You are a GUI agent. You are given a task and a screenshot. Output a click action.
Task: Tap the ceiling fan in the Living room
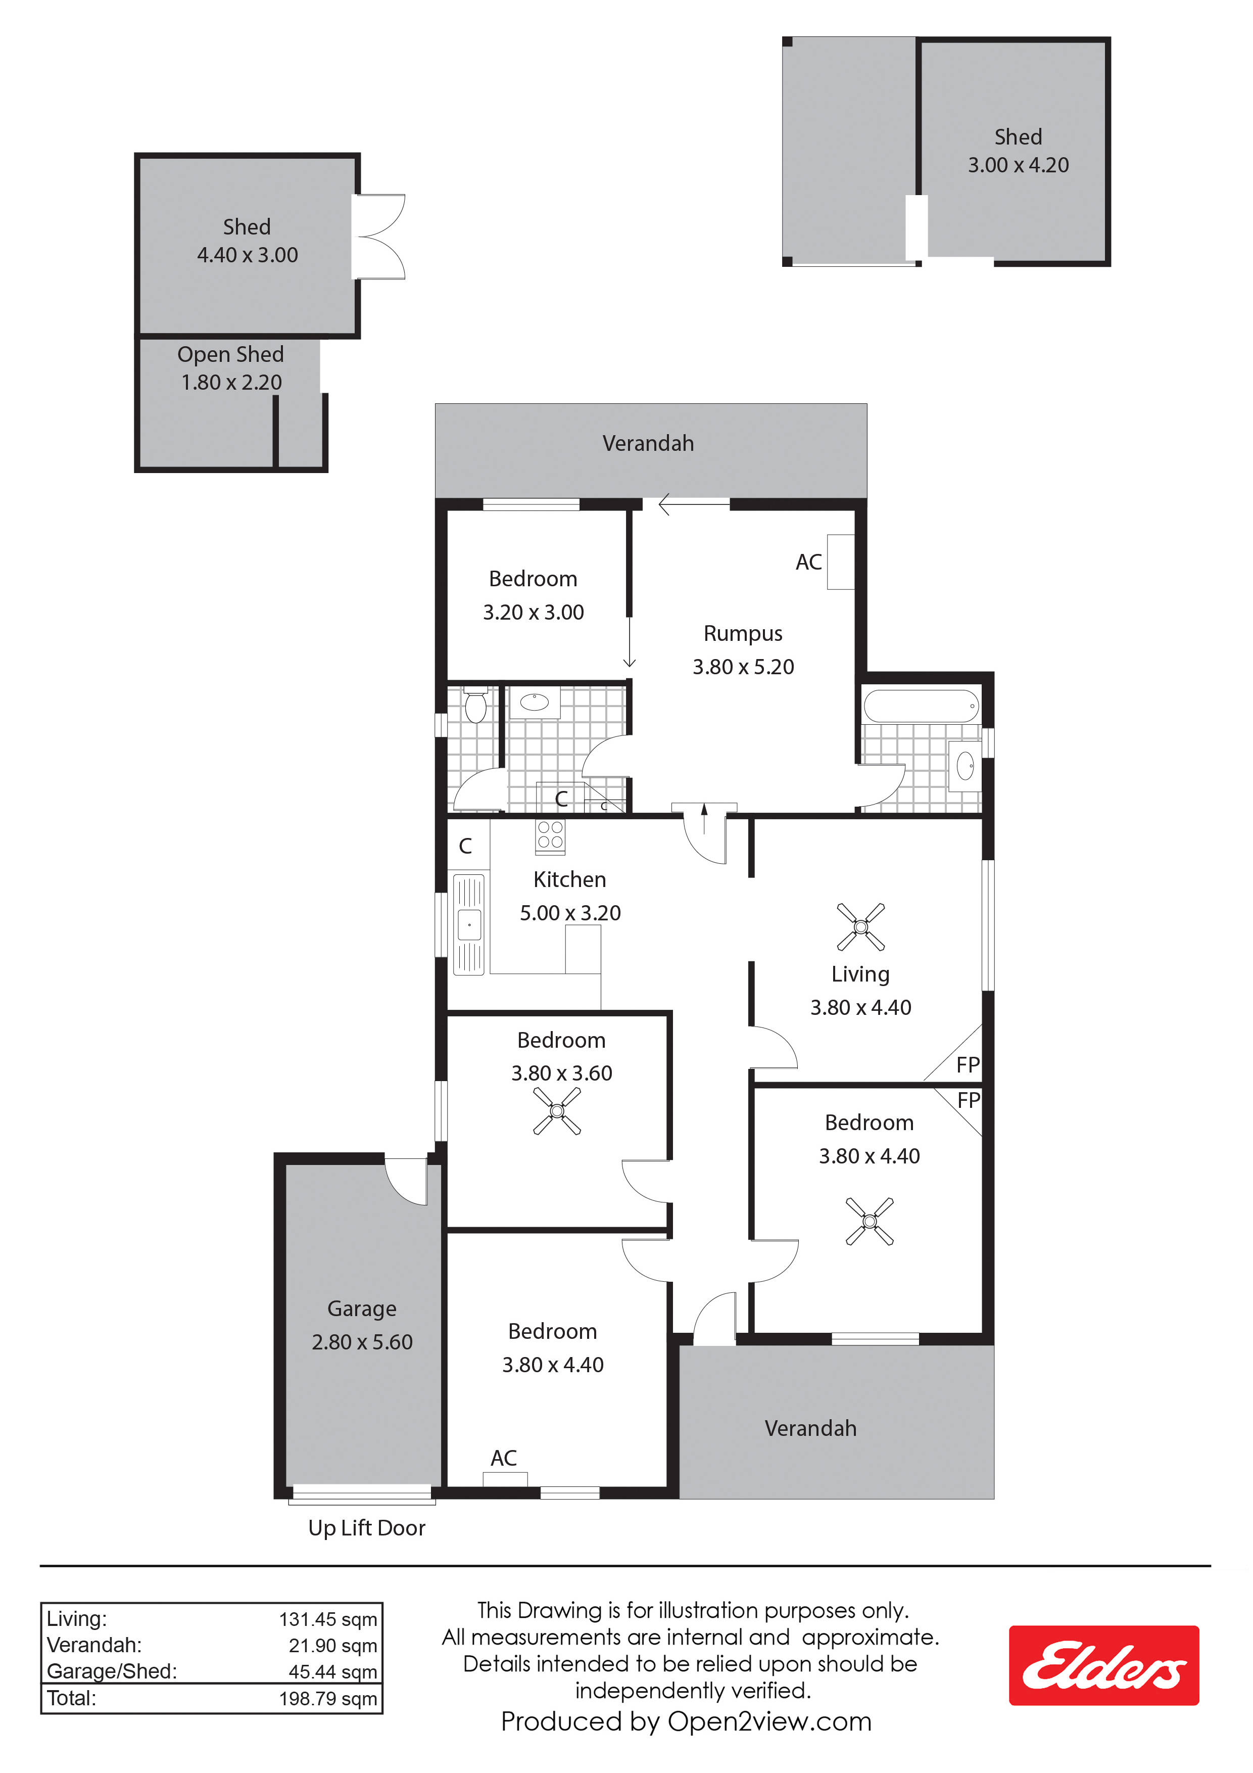[861, 926]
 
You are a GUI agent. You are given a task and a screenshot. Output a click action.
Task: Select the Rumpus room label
[743, 634]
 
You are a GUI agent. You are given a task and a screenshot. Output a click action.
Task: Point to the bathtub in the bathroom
[922, 706]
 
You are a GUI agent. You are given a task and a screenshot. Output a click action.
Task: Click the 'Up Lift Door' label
[367, 1528]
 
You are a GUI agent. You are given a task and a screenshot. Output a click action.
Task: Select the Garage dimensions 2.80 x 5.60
[362, 1342]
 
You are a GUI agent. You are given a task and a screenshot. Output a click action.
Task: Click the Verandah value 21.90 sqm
[333, 1646]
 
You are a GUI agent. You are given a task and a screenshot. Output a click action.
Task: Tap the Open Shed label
[231, 354]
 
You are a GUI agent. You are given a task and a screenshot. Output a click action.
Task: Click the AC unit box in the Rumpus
[841, 562]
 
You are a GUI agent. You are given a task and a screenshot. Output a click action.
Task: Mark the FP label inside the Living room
[968, 1065]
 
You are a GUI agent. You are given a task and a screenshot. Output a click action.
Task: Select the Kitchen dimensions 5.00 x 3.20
[570, 913]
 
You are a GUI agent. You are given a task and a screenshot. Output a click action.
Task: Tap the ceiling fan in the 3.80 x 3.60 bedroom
[557, 1111]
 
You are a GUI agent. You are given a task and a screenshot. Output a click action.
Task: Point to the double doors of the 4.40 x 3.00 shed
[378, 237]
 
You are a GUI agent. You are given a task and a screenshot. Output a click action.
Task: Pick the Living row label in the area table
[76, 1618]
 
